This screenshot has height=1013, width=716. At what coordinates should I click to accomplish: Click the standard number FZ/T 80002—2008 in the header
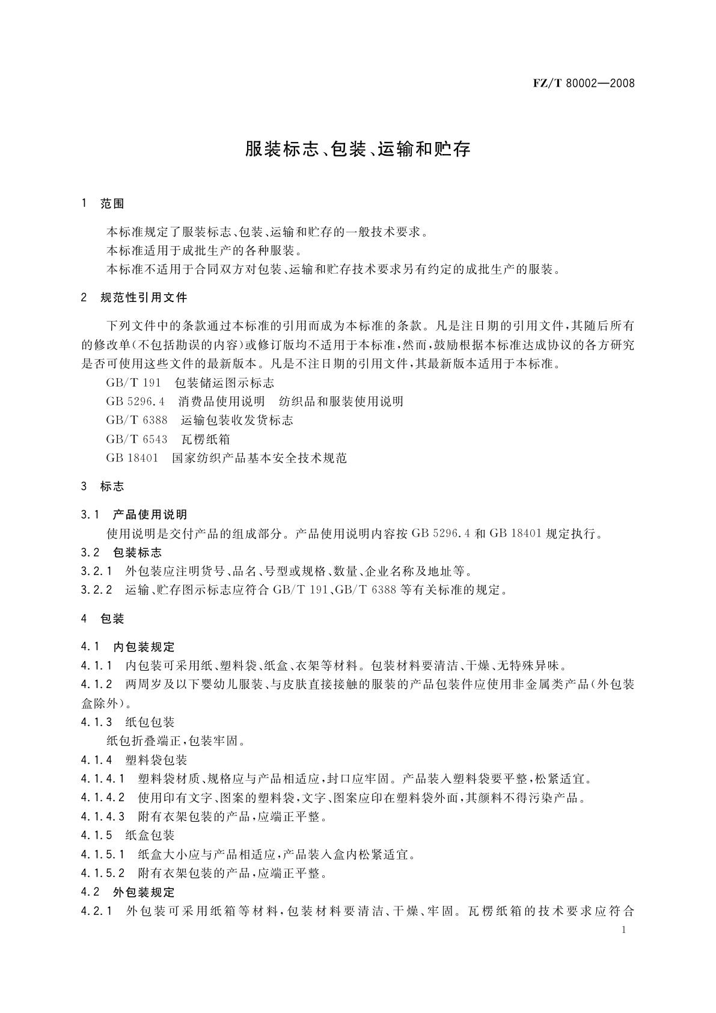click(583, 84)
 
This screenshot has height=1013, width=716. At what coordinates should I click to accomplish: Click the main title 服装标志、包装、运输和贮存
click(358, 150)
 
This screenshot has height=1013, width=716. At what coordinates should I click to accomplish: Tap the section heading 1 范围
click(103, 204)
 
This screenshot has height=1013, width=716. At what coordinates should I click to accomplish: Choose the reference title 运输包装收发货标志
click(237, 420)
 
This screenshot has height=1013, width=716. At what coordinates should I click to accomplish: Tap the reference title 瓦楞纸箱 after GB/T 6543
click(206, 440)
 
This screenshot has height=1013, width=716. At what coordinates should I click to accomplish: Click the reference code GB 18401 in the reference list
click(132, 458)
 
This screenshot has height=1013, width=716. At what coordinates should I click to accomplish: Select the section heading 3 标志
click(103, 486)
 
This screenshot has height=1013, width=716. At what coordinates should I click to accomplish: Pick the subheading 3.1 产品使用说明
click(134, 515)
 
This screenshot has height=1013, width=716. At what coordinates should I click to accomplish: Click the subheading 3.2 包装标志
click(121, 553)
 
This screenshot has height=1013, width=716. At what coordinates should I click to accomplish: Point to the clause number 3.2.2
click(97, 590)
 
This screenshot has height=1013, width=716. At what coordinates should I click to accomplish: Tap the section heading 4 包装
click(103, 618)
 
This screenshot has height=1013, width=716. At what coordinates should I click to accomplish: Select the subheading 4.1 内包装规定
click(128, 647)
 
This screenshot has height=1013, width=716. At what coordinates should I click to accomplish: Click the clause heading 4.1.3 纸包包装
click(127, 722)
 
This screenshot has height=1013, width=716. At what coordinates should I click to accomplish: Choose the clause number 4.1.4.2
click(103, 798)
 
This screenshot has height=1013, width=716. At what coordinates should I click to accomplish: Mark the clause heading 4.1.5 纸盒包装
click(127, 836)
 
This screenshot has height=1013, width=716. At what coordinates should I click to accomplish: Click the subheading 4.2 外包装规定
click(128, 892)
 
